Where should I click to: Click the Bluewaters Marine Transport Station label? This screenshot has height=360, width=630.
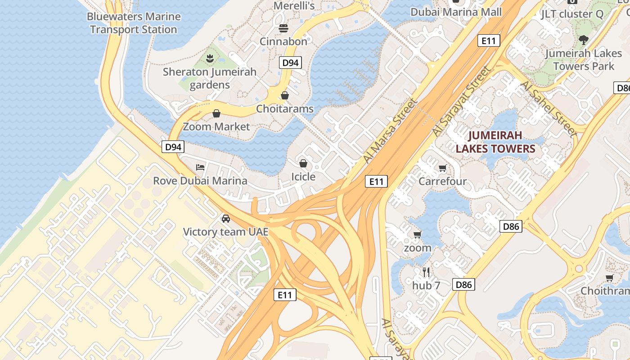pyautogui.click(x=134, y=23)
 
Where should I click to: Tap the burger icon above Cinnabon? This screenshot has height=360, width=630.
pyautogui.click(x=283, y=28)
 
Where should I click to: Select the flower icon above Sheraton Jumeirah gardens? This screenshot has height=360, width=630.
pyautogui.click(x=209, y=58)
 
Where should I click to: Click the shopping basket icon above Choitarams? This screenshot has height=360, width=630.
pyautogui.click(x=284, y=95)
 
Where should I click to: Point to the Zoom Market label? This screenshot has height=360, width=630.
pyautogui.click(x=216, y=126)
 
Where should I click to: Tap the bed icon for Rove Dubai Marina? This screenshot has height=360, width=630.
pyautogui.click(x=200, y=167)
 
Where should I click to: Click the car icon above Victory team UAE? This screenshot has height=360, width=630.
pyautogui.click(x=226, y=219)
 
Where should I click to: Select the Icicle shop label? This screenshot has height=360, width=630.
pyautogui.click(x=303, y=176)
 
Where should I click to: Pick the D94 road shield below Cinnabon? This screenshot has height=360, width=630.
pyautogui.click(x=290, y=63)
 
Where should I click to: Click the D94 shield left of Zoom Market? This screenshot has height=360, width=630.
pyautogui.click(x=173, y=147)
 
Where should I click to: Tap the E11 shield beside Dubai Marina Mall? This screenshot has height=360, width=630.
pyautogui.click(x=488, y=41)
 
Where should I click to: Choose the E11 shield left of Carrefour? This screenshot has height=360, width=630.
pyautogui.click(x=376, y=181)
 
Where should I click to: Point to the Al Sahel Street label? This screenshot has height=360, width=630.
pyautogui.click(x=548, y=109)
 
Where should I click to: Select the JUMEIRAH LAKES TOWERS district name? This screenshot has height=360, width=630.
pyautogui.click(x=495, y=142)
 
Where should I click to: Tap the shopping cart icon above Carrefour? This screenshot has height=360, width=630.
pyautogui.click(x=442, y=168)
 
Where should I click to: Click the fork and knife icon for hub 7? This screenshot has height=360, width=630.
pyautogui.click(x=426, y=272)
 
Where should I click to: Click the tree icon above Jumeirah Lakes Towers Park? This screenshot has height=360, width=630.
pyautogui.click(x=584, y=40)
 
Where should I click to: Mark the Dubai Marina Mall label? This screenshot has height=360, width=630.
pyautogui.click(x=456, y=12)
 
